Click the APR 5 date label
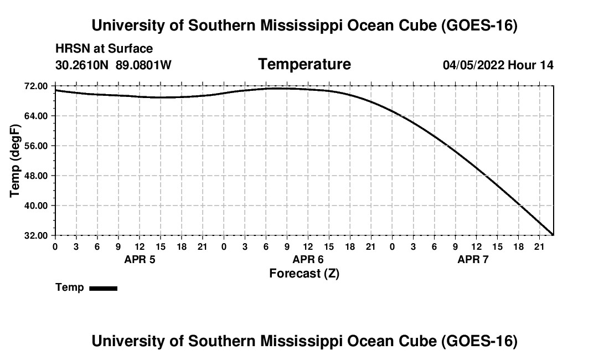[x=140, y=259]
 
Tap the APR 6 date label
[x=308, y=259]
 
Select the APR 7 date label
[x=473, y=259]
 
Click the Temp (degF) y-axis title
[x=15, y=161]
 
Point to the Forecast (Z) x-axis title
[x=304, y=274]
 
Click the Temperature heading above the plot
[x=304, y=64]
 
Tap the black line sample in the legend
[x=104, y=288]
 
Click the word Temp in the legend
[x=70, y=287]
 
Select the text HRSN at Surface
[x=104, y=49]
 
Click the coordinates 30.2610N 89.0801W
[x=113, y=65]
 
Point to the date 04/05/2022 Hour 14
[x=498, y=65]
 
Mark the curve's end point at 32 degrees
[x=553, y=235]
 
